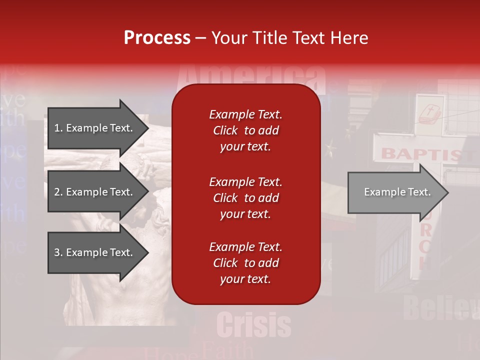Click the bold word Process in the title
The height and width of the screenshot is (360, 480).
157,37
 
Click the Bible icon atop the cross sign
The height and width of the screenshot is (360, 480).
430,114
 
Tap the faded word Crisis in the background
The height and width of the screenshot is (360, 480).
254,325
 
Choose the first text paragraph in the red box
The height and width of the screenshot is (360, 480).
245,130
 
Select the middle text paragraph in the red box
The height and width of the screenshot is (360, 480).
245,198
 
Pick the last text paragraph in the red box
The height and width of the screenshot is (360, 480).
245,263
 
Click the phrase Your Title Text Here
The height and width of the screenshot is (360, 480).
289,37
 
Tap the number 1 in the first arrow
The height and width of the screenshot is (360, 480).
57,128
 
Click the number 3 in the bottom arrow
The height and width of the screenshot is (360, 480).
57,252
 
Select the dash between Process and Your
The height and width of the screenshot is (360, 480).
200,37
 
